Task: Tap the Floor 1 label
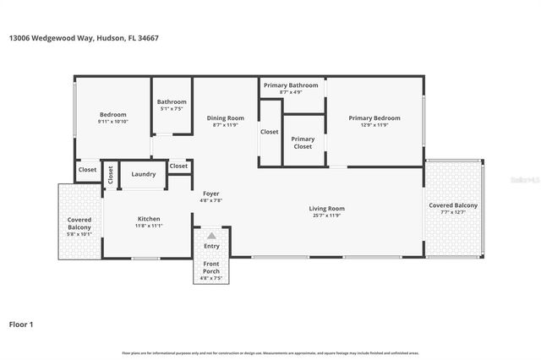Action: coord(20,324)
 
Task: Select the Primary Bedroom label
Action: coord(374,118)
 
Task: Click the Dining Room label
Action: coord(226,118)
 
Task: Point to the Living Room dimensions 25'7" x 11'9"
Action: coord(326,215)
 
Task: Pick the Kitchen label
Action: coord(149,219)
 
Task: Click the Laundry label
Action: coord(144,174)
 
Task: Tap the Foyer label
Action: coord(210,194)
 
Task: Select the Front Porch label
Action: coord(211,268)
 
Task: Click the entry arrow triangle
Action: coord(211,236)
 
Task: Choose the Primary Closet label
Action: coord(303,143)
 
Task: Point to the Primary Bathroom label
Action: coord(291,85)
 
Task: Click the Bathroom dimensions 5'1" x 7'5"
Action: coord(172,109)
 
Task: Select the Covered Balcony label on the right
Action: coord(453,205)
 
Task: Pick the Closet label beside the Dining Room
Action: coord(270,132)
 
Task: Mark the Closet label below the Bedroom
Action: coord(88,170)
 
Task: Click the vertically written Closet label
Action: coord(111,174)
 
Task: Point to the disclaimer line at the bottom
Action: coord(270,352)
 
